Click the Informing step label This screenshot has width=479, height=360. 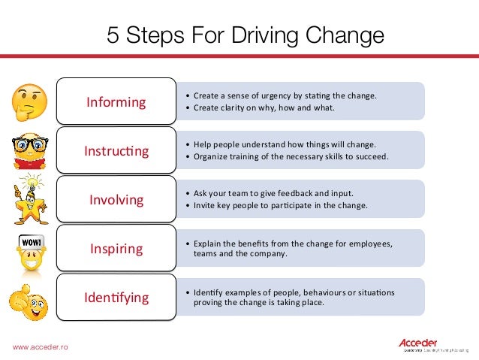[116, 102]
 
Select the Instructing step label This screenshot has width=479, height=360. [116, 151]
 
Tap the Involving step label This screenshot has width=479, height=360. [116, 200]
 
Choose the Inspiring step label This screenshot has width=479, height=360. [116, 249]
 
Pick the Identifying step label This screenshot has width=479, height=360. [116, 298]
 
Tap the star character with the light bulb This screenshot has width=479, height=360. [29, 198]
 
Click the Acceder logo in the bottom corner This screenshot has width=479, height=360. [425, 344]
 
